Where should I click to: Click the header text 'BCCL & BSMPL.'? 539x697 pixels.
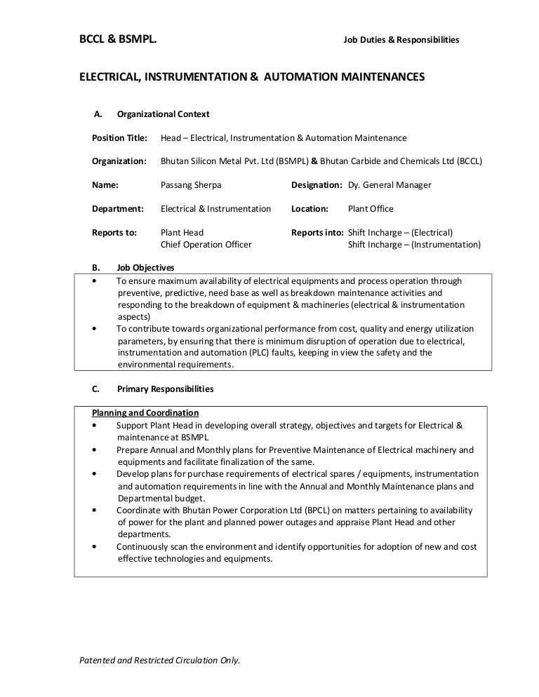[117, 39]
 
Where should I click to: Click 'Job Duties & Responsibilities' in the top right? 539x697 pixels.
[401, 40]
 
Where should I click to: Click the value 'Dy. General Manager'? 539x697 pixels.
[390, 185]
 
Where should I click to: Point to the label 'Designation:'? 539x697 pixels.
[316, 185]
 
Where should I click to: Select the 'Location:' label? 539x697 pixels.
[310, 209]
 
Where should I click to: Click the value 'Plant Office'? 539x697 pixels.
[371, 209]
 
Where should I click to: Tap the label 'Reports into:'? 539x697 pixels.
[317, 233]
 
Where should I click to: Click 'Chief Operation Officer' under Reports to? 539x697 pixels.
[206, 245]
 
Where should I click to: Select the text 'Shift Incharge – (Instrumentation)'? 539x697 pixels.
[414, 245]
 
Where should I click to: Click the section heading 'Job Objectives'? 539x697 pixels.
[145, 268]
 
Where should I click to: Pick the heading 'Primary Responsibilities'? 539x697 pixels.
[165, 388]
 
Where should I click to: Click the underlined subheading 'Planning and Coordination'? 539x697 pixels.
[145, 412]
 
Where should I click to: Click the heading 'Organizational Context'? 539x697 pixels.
[163, 114]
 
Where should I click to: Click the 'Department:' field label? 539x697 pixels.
[118, 209]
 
